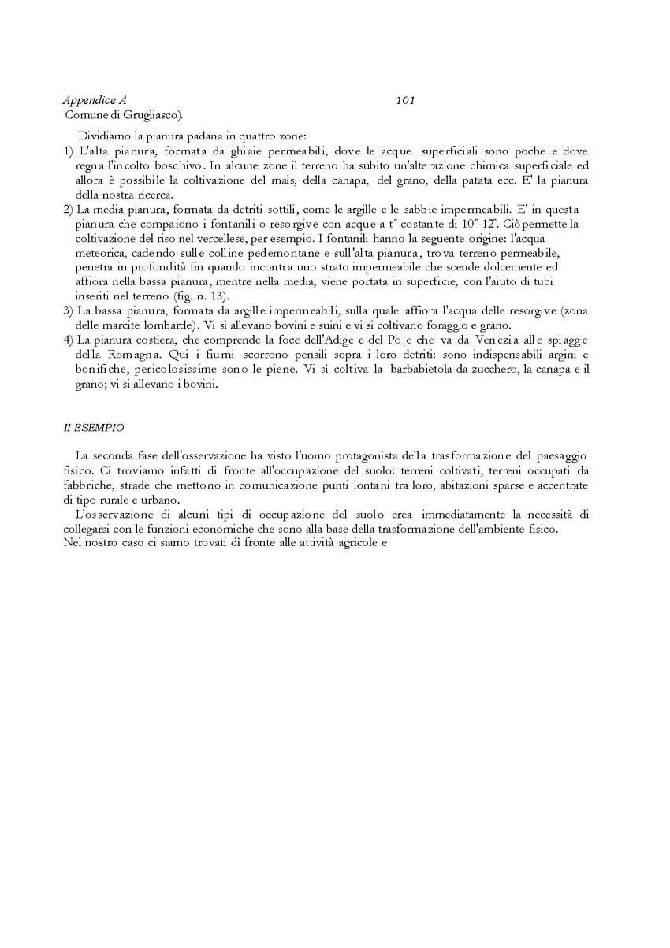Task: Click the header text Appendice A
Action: pyautogui.click(x=95, y=101)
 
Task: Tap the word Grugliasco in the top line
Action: pyautogui.click(x=150, y=115)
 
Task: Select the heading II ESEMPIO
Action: pyautogui.click(x=93, y=428)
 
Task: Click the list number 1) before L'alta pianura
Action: pyautogui.click(x=69, y=151)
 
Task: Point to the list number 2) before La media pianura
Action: pyautogui.click(x=69, y=209)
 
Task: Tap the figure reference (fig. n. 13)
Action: pyautogui.click(x=199, y=296)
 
